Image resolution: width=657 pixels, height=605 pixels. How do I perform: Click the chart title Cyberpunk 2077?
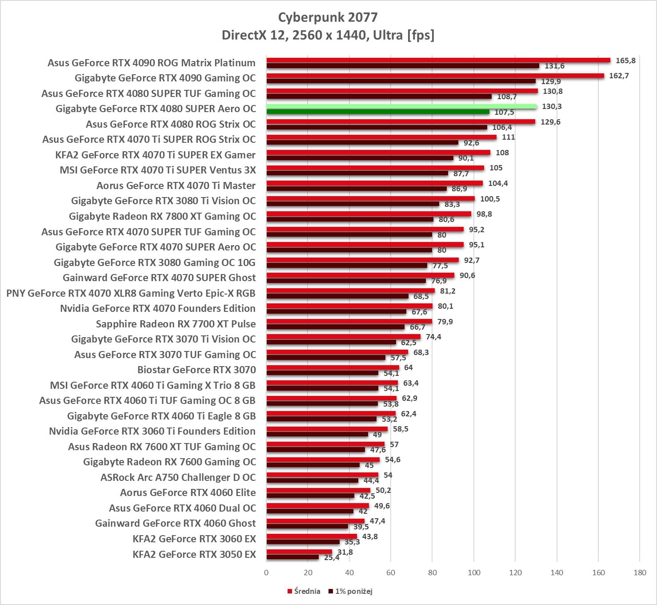(x=328, y=17)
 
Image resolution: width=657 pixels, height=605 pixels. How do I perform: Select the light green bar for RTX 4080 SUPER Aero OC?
(x=401, y=106)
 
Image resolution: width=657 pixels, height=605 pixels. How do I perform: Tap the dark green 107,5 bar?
(x=378, y=112)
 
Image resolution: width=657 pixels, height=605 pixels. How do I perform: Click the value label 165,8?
(x=625, y=60)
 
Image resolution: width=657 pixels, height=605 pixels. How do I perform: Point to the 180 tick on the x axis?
(x=640, y=573)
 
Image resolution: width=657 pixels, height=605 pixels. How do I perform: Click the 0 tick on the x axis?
(x=266, y=573)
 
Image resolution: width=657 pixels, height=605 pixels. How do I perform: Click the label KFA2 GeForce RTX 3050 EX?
(x=194, y=554)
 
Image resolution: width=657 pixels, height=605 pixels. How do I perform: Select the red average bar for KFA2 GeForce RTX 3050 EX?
(x=299, y=552)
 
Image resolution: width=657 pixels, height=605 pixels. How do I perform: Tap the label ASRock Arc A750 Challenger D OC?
(x=178, y=477)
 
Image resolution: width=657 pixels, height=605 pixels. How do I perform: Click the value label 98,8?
(x=484, y=214)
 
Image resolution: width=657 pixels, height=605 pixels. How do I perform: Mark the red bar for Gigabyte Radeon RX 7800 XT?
(x=369, y=214)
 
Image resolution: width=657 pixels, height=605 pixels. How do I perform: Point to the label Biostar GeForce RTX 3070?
(x=196, y=370)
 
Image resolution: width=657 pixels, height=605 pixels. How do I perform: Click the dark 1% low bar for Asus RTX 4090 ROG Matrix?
(x=403, y=66)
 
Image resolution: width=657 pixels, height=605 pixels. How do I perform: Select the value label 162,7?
(x=619, y=76)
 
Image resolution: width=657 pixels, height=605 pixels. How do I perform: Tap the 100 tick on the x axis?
(x=474, y=573)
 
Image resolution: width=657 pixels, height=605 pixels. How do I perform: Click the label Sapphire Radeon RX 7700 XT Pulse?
(x=176, y=324)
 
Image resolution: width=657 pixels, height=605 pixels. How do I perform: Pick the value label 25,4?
(x=332, y=557)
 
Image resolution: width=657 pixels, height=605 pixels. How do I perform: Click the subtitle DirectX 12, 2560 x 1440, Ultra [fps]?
(x=328, y=35)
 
